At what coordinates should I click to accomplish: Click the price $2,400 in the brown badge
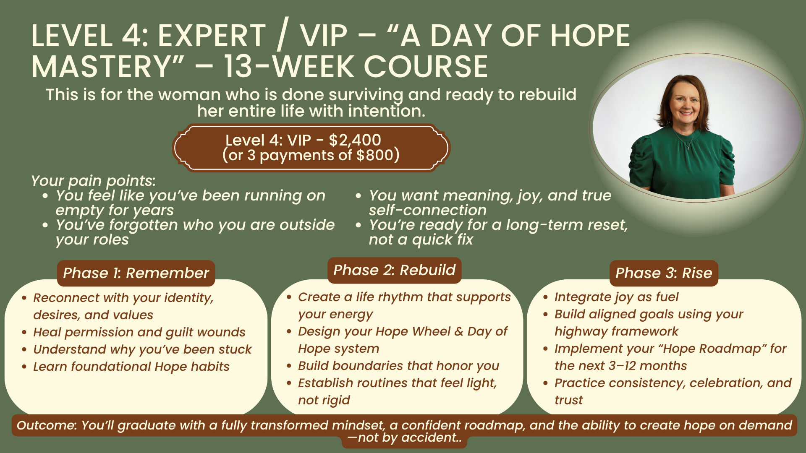pyautogui.click(x=355, y=140)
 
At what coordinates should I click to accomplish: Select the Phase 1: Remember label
pyautogui.click(x=136, y=273)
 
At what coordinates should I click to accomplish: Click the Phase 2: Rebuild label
pyautogui.click(x=395, y=270)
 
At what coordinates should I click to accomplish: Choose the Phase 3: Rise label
pyautogui.click(x=664, y=273)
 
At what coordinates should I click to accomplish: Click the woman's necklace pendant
pyautogui.click(x=688, y=147)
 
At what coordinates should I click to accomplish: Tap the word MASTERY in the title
pyautogui.click(x=108, y=67)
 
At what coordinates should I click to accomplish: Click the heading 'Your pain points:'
pyautogui.click(x=93, y=181)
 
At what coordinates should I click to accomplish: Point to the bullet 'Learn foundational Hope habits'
pyautogui.click(x=131, y=367)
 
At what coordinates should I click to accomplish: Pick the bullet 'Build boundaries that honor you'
pyautogui.click(x=399, y=366)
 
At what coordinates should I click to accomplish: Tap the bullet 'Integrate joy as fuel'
pyautogui.click(x=616, y=297)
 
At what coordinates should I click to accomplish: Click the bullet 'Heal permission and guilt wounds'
pyautogui.click(x=139, y=332)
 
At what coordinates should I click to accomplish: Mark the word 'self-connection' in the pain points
pyautogui.click(x=428, y=210)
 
